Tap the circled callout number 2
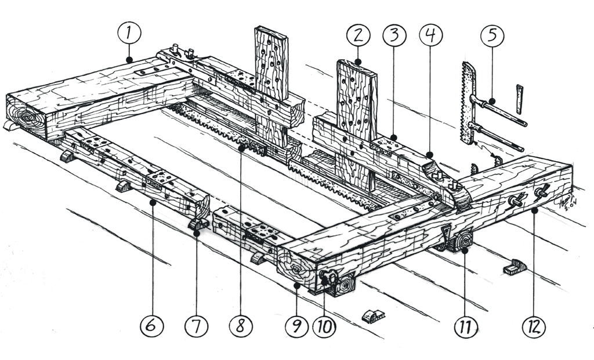[358, 36]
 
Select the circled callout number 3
[394, 36]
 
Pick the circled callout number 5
[492, 36]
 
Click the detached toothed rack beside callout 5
[468, 103]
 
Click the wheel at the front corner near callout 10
[345, 285]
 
